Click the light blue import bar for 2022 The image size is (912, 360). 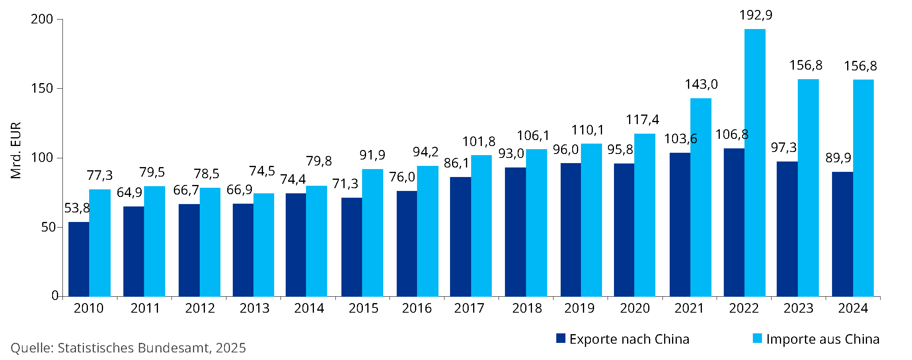click(x=755, y=163)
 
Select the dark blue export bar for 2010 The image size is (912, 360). click(x=79, y=259)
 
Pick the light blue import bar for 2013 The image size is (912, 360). click(x=264, y=245)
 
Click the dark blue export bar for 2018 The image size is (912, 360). click(x=515, y=232)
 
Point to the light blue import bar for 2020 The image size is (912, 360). click(x=645, y=215)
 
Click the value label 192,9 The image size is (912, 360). click(x=756, y=15)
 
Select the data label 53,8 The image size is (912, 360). click(x=77, y=208)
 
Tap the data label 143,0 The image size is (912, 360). click(x=701, y=84)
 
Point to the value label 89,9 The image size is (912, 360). click(x=838, y=158)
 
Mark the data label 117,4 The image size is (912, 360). click(x=642, y=120)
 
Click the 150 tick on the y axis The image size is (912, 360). click(x=42, y=88)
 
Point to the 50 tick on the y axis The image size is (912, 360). click(x=48, y=227)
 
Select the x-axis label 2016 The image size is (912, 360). click(x=417, y=308)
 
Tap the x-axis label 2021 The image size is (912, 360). click(x=689, y=308)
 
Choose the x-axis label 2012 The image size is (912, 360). click(x=200, y=308)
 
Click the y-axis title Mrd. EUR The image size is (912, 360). click(x=16, y=150)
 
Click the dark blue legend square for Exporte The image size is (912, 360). click(x=561, y=339)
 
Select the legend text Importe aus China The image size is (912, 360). click(x=823, y=339)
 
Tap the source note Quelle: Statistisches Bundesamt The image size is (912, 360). click(x=128, y=348)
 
